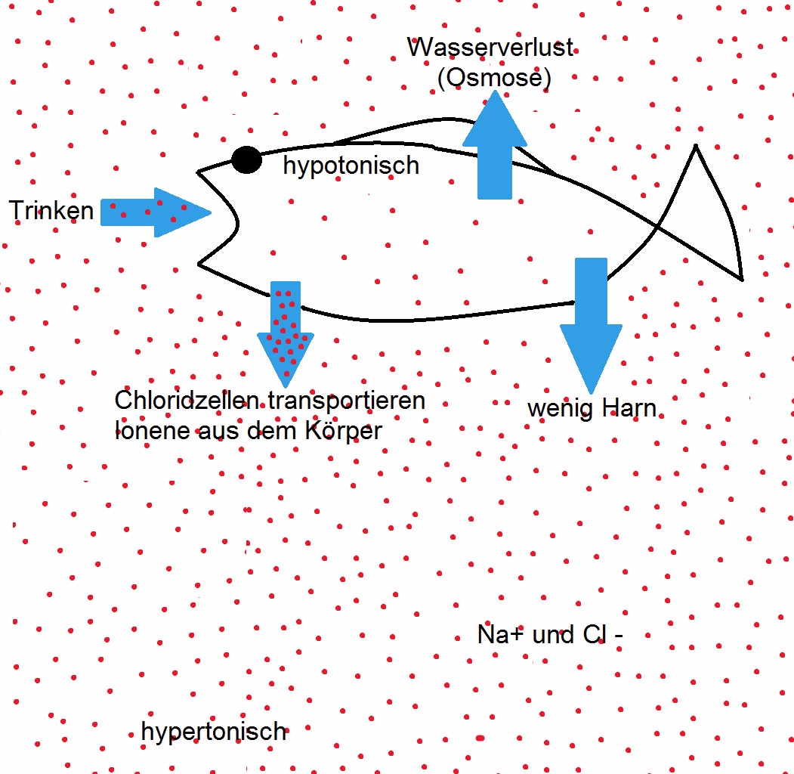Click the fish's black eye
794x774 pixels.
(x=246, y=159)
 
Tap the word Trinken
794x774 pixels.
(x=51, y=210)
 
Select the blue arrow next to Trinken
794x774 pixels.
(x=155, y=212)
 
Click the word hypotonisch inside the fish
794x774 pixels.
(x=351, y=166)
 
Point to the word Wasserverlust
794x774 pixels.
(x=490, y=48)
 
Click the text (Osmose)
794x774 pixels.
(x=494, y=77)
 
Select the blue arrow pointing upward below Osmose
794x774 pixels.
(x=494, y=147)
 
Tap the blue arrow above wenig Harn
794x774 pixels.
(x=591, y=321)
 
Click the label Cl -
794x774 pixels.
(x=603, y=634)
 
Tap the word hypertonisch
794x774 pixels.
(x=214, y=731)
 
